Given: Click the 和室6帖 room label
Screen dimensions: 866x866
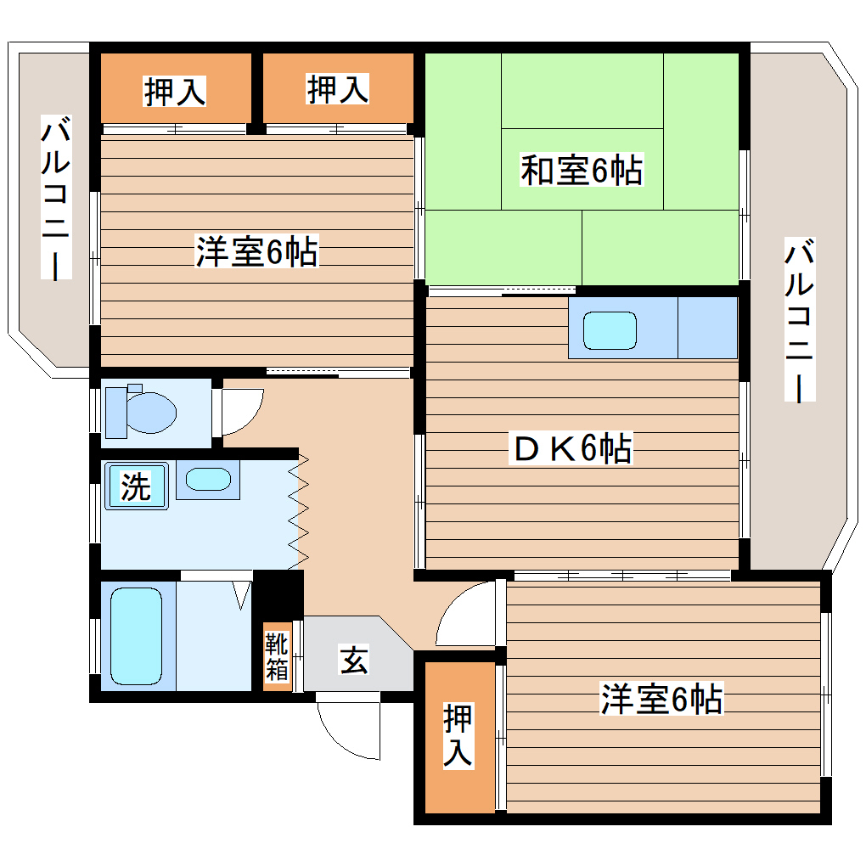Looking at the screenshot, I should (582, 171).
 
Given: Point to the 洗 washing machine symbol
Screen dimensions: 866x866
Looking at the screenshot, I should (136, 486).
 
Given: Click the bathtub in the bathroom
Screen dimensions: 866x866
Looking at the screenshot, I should (136, 635).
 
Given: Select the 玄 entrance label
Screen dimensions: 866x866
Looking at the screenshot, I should (354, 659).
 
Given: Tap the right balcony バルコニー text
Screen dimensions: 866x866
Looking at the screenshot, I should (800, 320).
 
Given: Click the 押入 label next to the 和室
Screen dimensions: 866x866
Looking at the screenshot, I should (338, 89).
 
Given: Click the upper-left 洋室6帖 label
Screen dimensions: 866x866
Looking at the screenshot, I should (256, 252).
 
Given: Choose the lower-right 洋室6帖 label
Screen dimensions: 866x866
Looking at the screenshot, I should (661, 699).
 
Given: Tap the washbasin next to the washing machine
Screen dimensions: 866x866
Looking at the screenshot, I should (208, 480).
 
